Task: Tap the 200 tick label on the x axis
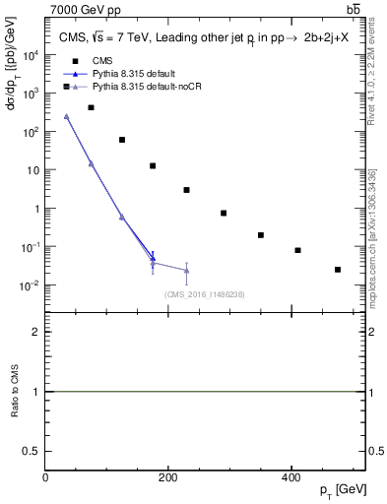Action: click(x=168, y=477)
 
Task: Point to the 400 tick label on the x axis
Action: click(x=290, y=477)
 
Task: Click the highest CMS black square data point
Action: click(x=91, y=107)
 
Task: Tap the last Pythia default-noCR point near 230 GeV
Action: click(x=186, y=270)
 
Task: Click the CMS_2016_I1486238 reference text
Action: click(x=204, y=294)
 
